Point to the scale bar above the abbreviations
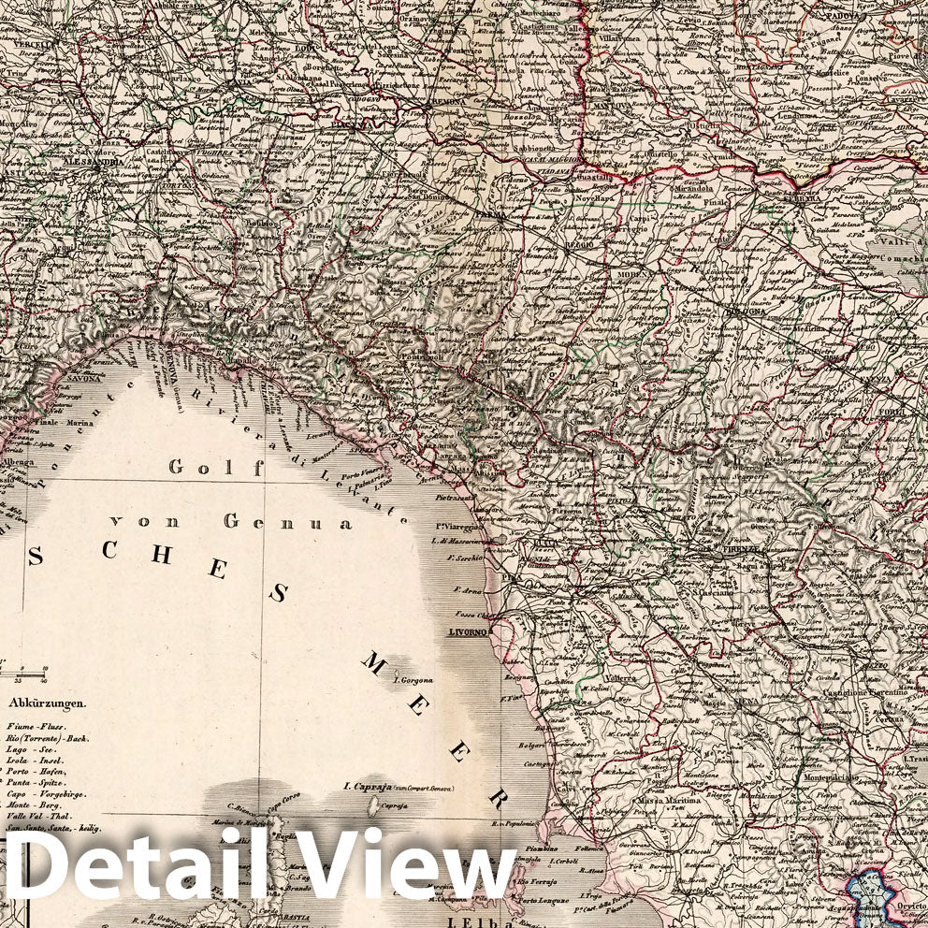point(22,670)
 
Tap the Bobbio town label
point(261,225)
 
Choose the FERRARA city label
point(803,198)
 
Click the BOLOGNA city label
point(745,312)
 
